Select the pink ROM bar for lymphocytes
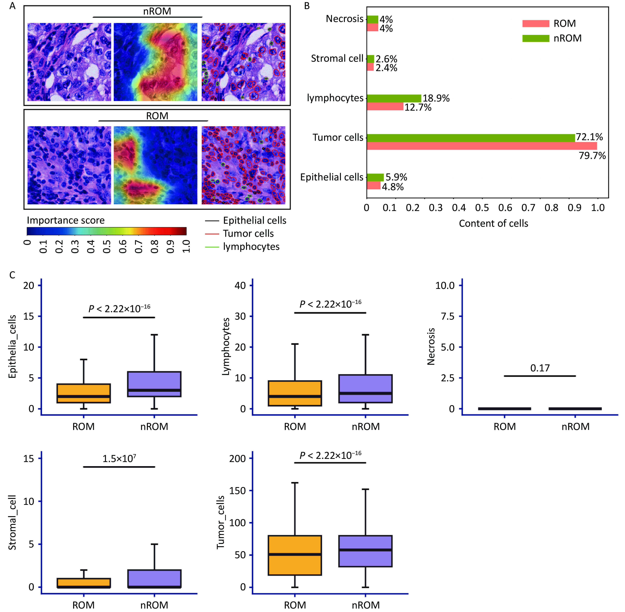385,106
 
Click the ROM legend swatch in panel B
536,23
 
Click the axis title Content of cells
493,223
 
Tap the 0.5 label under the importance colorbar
107,247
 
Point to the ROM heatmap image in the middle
156,165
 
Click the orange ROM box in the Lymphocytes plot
295,393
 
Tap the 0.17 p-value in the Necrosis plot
540,368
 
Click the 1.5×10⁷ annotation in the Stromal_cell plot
119,459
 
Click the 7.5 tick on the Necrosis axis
448,316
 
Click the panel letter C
12,275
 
